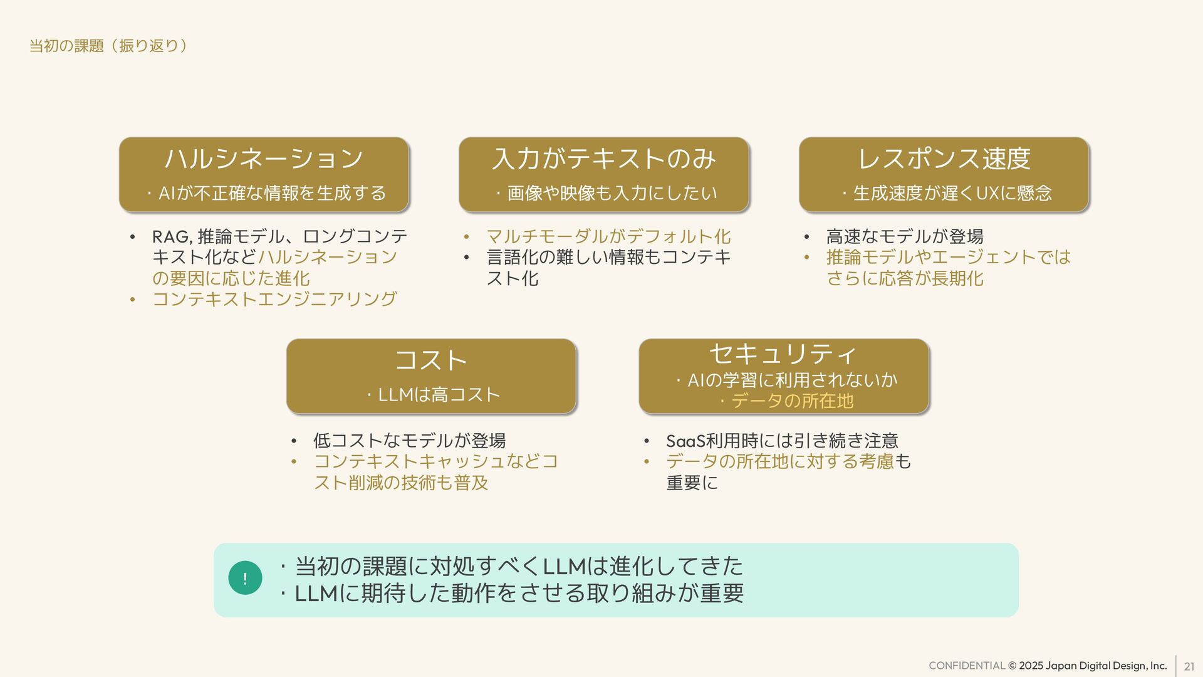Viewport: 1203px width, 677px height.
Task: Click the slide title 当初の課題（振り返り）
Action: click(x=108, y=46)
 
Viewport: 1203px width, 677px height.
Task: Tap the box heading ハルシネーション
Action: click(x=264, y=158)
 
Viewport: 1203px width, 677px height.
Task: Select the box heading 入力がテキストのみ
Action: click(x=604, y=158)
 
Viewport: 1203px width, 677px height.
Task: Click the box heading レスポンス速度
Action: click(x=944, y=158)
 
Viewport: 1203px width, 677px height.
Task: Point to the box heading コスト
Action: click(x=431, y=360)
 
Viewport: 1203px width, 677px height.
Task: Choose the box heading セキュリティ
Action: click(x=783, y=354)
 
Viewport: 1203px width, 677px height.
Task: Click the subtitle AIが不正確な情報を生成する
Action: click(x=272, y=193)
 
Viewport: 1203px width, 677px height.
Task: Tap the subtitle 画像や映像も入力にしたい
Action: click(x=612, y=193)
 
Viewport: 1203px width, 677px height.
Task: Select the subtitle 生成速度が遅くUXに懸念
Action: click(x=952, y=193)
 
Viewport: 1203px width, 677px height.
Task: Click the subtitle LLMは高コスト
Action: click(x=439, y=395)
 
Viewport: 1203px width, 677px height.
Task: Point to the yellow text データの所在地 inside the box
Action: click(x=792, y=401)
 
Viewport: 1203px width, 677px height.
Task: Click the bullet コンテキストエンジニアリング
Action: click(x=274, y=299)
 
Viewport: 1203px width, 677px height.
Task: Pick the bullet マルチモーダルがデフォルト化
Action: click(x=608, y=236)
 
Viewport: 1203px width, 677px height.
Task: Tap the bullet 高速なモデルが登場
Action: click(x=905, y=236)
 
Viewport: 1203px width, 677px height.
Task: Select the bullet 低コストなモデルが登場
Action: click(x=409, y=441)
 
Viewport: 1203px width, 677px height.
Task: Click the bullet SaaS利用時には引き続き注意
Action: click(x=782, y=441)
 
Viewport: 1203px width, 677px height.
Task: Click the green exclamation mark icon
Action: click(x=245, y=578)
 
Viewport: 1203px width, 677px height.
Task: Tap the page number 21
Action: click(x=1189, y=666)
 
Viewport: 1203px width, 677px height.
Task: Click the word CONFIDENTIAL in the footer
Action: click(x=966, y=666)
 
